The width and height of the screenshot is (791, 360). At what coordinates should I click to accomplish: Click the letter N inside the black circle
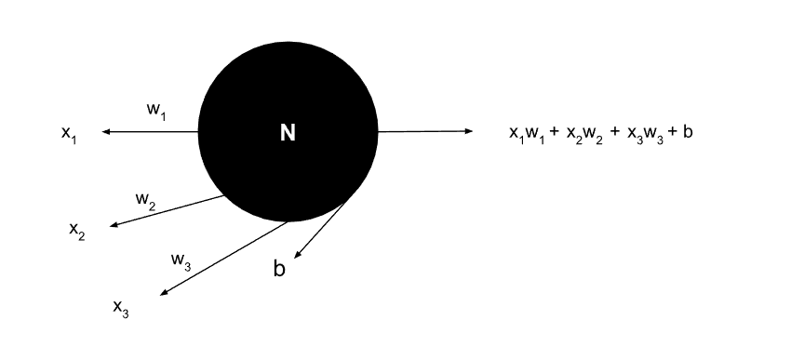pos(288,134)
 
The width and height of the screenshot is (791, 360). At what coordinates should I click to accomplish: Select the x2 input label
pos(76,229)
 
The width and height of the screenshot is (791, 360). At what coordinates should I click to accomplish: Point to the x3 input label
pos(121,308)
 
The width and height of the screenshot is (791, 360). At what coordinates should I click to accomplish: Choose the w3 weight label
pos(181,260)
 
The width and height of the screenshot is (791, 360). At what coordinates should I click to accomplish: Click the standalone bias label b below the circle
pos(279,270)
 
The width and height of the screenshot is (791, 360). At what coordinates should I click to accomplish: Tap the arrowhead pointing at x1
pos(106,132)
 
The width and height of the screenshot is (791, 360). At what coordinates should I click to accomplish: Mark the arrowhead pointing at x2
pos(114,225)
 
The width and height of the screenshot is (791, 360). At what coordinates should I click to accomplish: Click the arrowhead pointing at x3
pos(164,294)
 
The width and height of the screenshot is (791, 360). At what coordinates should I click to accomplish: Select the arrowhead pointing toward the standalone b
pos(298,255)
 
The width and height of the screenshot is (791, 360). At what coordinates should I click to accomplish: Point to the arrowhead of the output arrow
pos(469,131)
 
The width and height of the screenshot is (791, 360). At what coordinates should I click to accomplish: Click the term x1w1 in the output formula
pos(528,134)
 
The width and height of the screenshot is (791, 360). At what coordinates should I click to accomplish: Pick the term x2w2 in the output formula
pos(583,134)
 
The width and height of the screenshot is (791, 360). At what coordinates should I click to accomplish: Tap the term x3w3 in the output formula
pos(642,134)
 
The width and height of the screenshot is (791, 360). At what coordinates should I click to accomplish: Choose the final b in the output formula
pos(687,132)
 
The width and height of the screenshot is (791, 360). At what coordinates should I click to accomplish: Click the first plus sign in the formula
pos(555,133)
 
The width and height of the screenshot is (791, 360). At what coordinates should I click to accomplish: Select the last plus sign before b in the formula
pos(671,133)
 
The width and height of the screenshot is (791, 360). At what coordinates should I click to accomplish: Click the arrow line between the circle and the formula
pos(423,131)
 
